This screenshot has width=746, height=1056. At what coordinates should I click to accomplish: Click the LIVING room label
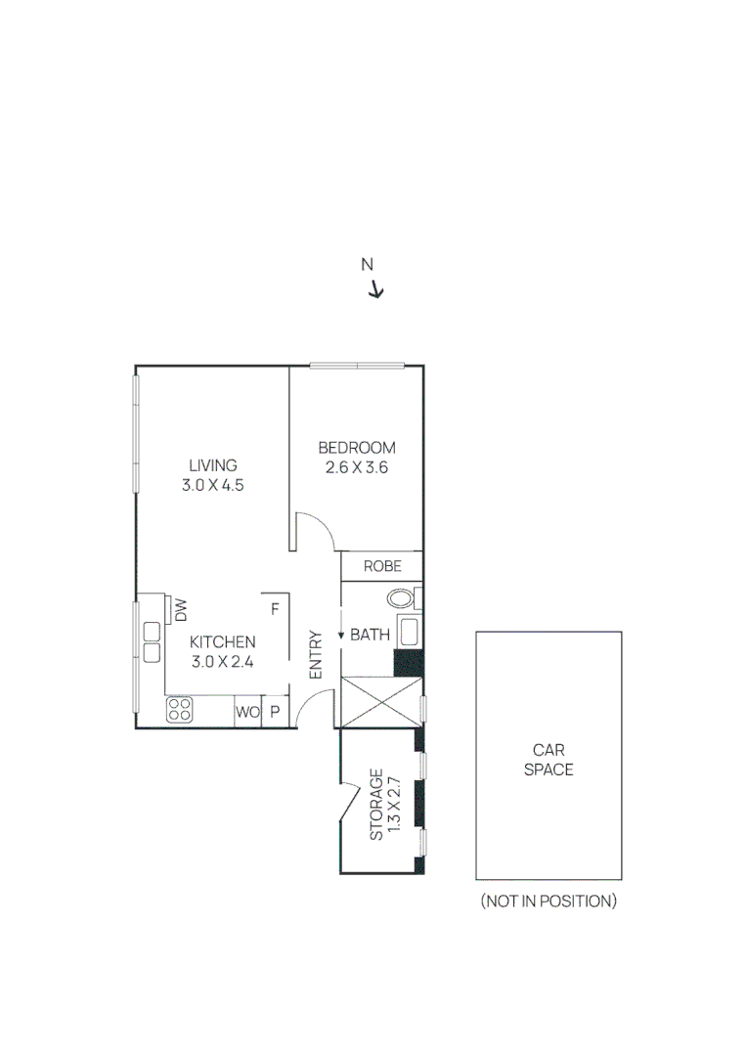click(x=212, y=465)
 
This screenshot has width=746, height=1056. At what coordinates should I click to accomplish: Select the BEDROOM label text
click(x=357, y=448)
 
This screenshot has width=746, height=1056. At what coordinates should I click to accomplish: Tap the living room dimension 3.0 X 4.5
click(x=212, y=485)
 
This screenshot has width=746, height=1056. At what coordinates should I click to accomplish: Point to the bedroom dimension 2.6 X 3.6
click(x=357, y=467)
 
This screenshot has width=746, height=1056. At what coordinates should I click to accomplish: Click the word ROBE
click(x=381, y=566)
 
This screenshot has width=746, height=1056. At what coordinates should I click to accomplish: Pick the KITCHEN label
click(x=222, y=642)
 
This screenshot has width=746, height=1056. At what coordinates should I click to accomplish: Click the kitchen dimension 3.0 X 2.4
click(x=222, y=662)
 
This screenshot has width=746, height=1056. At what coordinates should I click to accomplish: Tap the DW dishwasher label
click(x=181, y=611)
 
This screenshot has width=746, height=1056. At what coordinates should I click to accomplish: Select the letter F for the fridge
click(x=275, y=608)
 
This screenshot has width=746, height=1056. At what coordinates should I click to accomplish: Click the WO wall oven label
click(x=247, y=713)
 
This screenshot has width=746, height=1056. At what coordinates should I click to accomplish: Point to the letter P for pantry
click(x=275, y=713)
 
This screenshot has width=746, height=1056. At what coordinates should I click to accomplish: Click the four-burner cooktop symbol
click(x=180, y=709)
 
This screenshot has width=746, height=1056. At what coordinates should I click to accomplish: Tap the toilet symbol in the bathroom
click(x=402, y=598)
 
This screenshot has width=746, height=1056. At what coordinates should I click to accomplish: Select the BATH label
click(x=370, y=636)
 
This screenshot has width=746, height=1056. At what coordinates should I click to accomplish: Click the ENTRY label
click(x=316, y=654)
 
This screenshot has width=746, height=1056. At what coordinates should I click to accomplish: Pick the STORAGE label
click(x=376, y=806)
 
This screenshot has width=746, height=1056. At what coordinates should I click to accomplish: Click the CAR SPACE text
click(x=548, y=760)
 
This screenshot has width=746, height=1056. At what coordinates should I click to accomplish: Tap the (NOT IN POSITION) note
click(x=548, y=901)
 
